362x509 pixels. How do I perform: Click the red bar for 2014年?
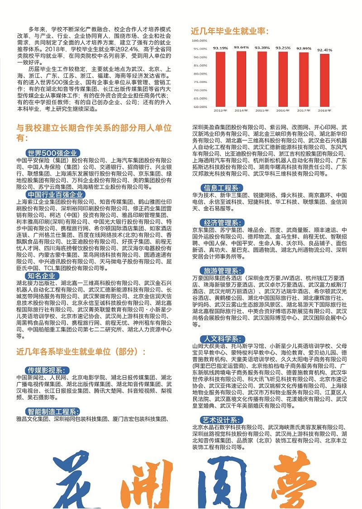pyautogui.click(x=241, y=79)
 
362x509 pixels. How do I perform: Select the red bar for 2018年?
pyautogui.click(x=324, y=80)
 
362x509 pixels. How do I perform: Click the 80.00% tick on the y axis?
pyautogui.click(x=200, y=74)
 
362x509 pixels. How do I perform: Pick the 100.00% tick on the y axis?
pyautogui.click(x=199, y=41)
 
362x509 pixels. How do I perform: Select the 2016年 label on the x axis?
pyautogui.click(x=283, y=110)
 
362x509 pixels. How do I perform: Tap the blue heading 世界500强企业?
pyautogui.click(x=52, y=152)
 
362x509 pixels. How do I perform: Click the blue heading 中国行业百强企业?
pyautogui.click(x=55, y=194)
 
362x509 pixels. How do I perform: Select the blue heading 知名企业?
pyautogui.click(x=41, y=275)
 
